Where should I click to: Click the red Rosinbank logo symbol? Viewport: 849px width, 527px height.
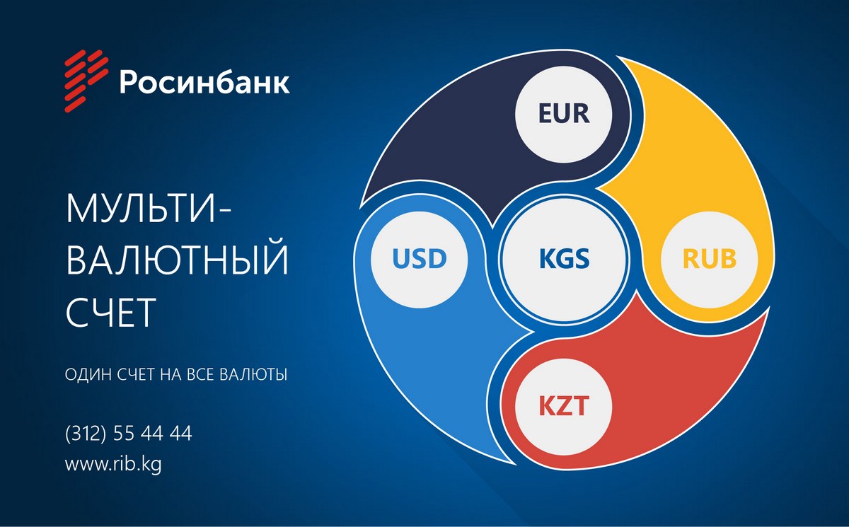(86, 81)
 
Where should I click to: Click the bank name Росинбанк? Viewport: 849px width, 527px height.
(204, 81)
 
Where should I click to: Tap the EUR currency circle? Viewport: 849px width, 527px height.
(564, 113)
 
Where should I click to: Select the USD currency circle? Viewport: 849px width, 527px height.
(419, 259)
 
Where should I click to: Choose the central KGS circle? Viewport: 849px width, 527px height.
(564, 259)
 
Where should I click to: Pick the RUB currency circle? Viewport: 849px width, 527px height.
(709, 259)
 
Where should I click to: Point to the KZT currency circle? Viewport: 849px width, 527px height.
(564, 406)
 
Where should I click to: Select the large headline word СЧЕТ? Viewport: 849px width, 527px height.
(110, 313)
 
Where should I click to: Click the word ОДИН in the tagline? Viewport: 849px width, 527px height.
(88, 374)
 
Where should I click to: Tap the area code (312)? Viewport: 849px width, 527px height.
(86, 434)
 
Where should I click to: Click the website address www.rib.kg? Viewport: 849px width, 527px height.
(113, 464)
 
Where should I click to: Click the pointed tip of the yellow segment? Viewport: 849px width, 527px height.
(596, 187)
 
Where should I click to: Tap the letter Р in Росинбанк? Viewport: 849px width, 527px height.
(128, 81)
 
